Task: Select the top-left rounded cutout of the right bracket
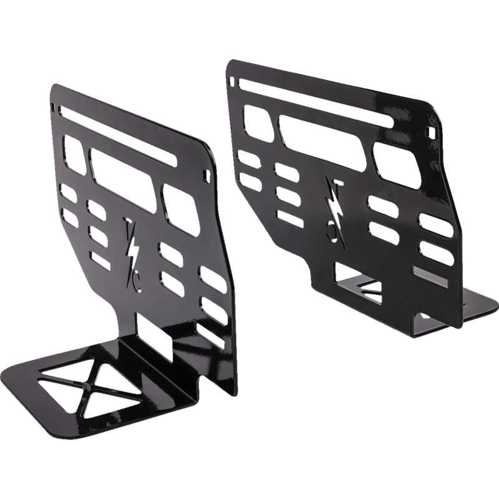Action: [256, 122]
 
